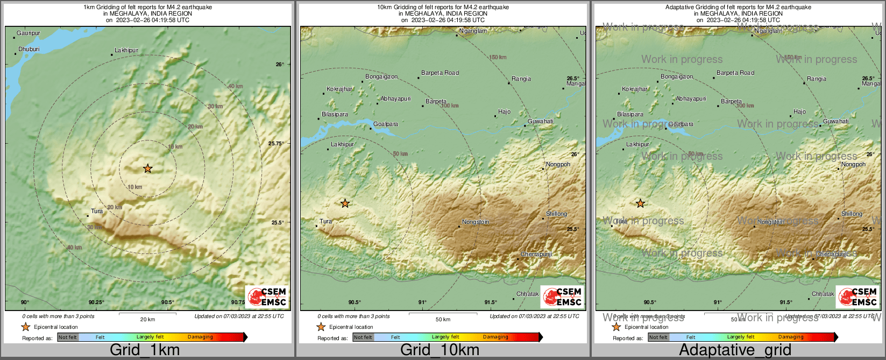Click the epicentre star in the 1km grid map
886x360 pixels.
tap(147, 168)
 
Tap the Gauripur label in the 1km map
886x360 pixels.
tap(28, 33)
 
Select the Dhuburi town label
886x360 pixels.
tap(29, 49)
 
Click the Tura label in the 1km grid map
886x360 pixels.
tap(97, 211)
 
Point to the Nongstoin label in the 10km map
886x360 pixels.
tap(476, 222)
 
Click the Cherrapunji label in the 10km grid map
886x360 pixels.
tap(536, 254)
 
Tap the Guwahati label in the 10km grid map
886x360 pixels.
tap(540, 121)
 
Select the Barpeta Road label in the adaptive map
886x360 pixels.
tap(735, 73)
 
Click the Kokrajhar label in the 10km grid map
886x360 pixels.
tap(339, 89)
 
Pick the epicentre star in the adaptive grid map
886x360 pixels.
tap(640, 203)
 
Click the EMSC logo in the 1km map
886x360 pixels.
tap(268, 297)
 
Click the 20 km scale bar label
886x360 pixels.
tap(147, 319)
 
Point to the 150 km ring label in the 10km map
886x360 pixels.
tap(498, 57)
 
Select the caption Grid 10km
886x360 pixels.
tap(440, 350)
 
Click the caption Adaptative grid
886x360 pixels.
tap(735, 350)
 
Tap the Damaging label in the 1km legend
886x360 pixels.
tap(200, 337)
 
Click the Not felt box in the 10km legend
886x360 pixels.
tap(363, 337)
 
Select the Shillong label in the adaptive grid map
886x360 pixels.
tap(852, 214)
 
